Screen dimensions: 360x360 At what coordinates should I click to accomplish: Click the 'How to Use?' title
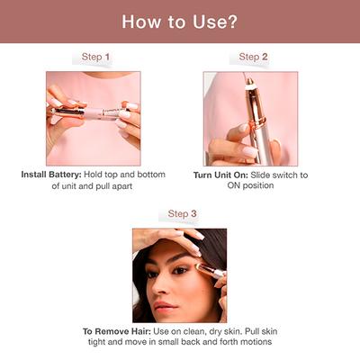point(179,21)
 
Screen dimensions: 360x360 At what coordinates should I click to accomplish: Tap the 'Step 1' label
point(95,57)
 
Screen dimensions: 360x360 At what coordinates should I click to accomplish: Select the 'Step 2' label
point(253,57)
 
